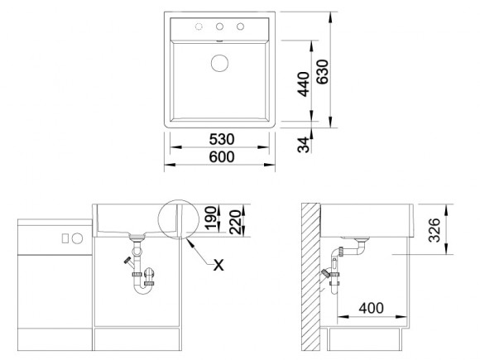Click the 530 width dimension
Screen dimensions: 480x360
pos(222,139)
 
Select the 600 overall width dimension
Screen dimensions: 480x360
pos(222,156)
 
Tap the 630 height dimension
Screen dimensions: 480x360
pos(322,72)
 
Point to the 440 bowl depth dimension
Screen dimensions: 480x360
pos(304,84)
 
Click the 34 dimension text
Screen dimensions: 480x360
pos(304,145)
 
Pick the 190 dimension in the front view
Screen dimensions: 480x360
pos(211,218)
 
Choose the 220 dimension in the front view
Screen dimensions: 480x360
pos(235,222)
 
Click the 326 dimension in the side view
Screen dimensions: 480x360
pos(434,230)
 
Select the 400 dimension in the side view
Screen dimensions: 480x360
pos(371,308)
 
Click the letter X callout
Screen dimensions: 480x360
pos(218,265)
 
